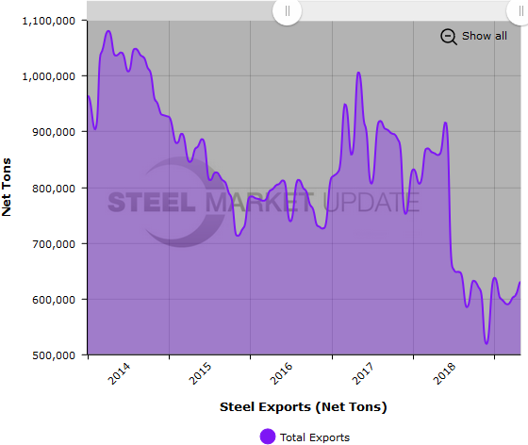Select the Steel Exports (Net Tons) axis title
(304, 407)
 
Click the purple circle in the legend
(267, 437)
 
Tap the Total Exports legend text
(316, 437)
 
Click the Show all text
(484, 36)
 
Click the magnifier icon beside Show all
(448, 36)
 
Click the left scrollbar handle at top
(287, 11)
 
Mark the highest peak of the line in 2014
(108, 31)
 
